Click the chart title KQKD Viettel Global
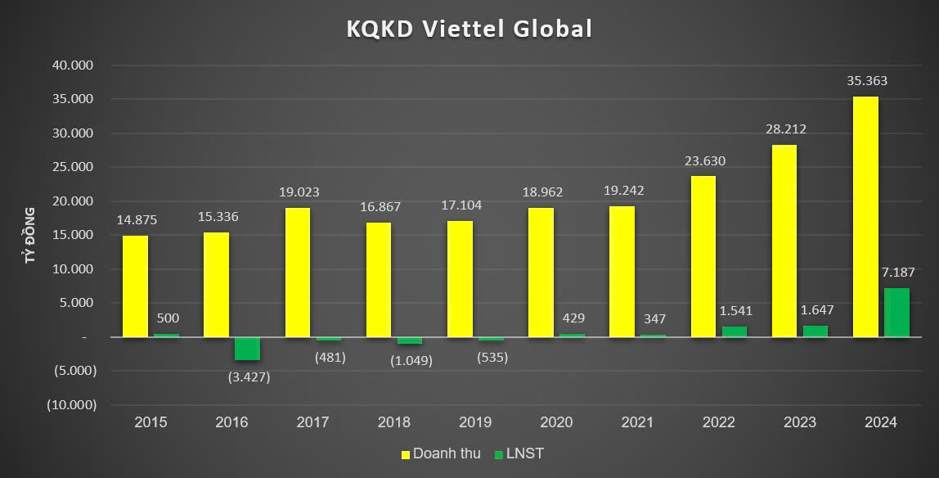(469, 29)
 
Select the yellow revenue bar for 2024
(865, 216)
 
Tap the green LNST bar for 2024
(896, 312)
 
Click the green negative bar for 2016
(247, 349)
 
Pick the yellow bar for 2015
(135, 286)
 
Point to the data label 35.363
(867, 81)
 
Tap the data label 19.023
(299, 192)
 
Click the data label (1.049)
(410, 360)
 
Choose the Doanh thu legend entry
(439, 453)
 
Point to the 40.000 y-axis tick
(73, 65)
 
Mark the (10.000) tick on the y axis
(70, 404)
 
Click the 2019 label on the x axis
(475, 422)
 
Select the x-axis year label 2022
(718, 422)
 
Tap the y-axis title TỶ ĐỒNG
(30, 235)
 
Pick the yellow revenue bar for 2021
(622, 271)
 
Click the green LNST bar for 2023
(815, 331)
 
